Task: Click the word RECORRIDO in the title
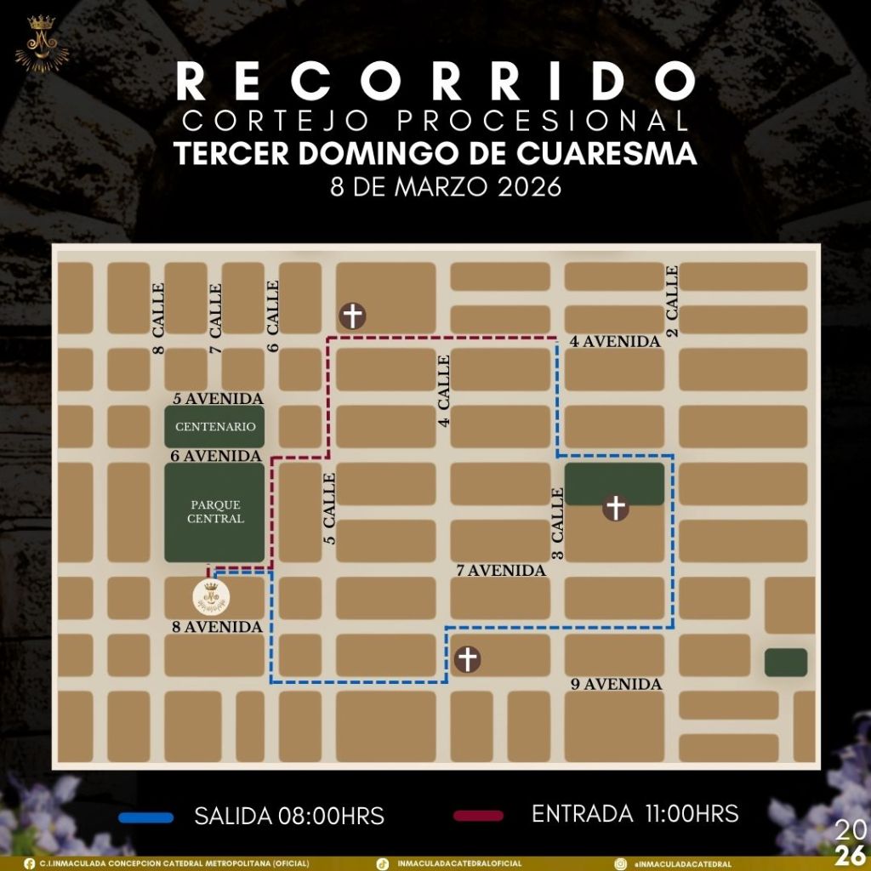pyautogui.click(x=435, y=82)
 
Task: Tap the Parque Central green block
pyautogui.click(x=214, y=512)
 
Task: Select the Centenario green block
pyautogui.click(x=214, y=426)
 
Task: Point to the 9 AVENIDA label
pyautogui.click(x=617, y=684)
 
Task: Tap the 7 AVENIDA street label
pyautogui.click(x=501, y=571)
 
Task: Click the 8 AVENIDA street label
pyautogui.click(x=216, y=628)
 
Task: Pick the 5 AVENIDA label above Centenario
pyautogui.click(x=217, y=398)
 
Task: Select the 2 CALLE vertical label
pyautogui.click(x=672, y=301)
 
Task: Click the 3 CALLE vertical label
pyautogui.click(x=558, y=523)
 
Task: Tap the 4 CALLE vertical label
pyautogui.click(x=444, y=390)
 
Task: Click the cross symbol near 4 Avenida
pyautogui.click(x=352, y=316)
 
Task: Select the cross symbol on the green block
pyautogui.click(x=616, y=508)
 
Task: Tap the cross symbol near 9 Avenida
pyautogui.click(x=467, y=658)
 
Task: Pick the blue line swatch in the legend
pyautogui.click(x=146, y=817)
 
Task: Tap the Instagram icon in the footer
pyautogui.click(x=621, y=863)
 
